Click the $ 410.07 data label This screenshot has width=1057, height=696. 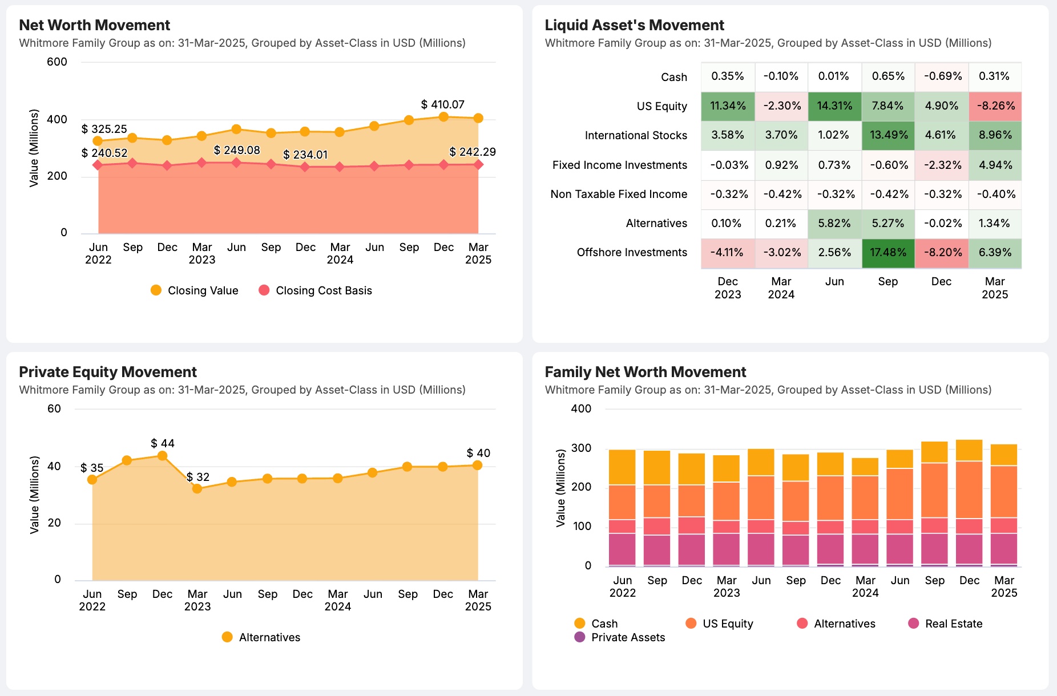pyautogui.click(x=442, y=104)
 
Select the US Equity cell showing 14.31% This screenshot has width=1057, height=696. pyautogui.click(x=834, y=106)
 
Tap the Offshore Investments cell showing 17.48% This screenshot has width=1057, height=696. pyautogui.click(x=887, y=252)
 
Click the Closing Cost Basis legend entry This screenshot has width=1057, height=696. pyautogui.click(x=315, y=290)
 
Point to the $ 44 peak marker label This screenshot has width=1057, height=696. pyautogui.click(x=163, y=443)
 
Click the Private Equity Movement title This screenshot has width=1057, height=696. pyautogui.click(x=108, y=372)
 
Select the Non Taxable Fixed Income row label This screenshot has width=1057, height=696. pyautogui.click(x=619, y=194)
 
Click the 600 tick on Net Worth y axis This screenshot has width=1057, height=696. pyautogui.click(x=57, y=62)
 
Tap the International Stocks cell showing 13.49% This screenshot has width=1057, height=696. pyautogui.click(x=887, y=135)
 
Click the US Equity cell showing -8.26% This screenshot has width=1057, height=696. pyautogui.click(x=995, y=106)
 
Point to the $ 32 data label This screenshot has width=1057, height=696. pyautogui.click(x=198, y=477)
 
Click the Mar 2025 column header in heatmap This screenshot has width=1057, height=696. pyautogui.click(x=994, y=288)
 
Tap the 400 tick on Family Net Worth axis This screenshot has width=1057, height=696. pyautogui.click(x=581, y=408)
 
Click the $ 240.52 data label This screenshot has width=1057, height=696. pyautogui.click(x=104, y=153)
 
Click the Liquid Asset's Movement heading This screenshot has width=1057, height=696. pyautogui.click(x=634, y=25)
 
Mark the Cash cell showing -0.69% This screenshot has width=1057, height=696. pyautogui.click(x=941, y=76)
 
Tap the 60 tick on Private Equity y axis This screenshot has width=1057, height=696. pyautogui.click(x=54, y=408)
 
